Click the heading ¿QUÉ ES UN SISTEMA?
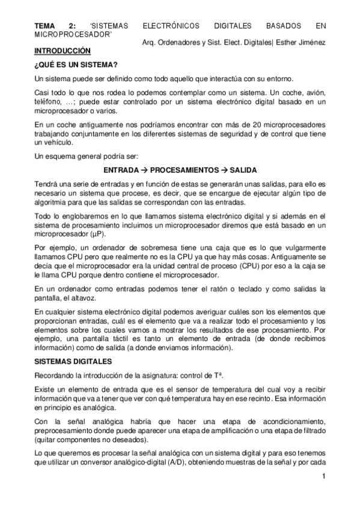pos(76,64)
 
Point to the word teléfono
pos(50,102)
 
